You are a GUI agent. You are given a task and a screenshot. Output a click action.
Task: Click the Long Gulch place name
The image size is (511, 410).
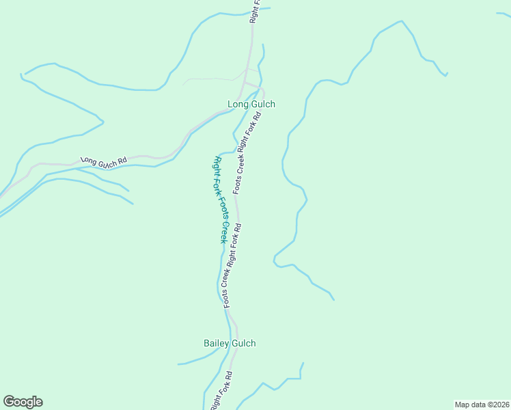pyautogui.click(x=251, y=105)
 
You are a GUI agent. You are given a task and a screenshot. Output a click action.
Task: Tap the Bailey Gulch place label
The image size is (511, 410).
pyautogui.click(x=230, y=343)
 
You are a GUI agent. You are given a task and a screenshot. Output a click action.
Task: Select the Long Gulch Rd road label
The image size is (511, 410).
pyautogui.click(x=104, y=161)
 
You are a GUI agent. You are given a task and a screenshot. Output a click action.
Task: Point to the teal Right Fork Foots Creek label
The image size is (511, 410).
pyautogui.click(x=220, y=200)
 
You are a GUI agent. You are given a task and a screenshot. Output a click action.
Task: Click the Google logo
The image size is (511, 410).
pyautogui.click(x=23, y=402)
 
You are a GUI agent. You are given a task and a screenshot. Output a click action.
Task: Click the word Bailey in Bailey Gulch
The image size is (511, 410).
pyautogui.click(x=217, y=343)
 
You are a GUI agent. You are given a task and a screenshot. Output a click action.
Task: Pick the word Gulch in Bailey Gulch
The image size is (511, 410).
pyautogui.click(x=243, y=343)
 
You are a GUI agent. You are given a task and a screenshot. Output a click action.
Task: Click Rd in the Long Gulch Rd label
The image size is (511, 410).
pyautogui.click(x=122, y=163)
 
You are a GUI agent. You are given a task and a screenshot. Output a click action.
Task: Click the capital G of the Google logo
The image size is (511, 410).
pyautogui.click(x=9, y=401)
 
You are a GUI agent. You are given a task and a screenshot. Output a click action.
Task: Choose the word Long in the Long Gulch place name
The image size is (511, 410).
pyautogui.click(x=237, y=105)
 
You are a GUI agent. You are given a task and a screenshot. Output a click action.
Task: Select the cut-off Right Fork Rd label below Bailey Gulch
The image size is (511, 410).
pyautogui.click(x=222, y=391)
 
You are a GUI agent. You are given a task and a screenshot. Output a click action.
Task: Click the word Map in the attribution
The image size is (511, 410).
pyautogui.click(x=462, y=405)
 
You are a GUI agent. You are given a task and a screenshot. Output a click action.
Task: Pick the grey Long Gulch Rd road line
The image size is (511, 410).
pyautogui.click(x=55, y=164)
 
